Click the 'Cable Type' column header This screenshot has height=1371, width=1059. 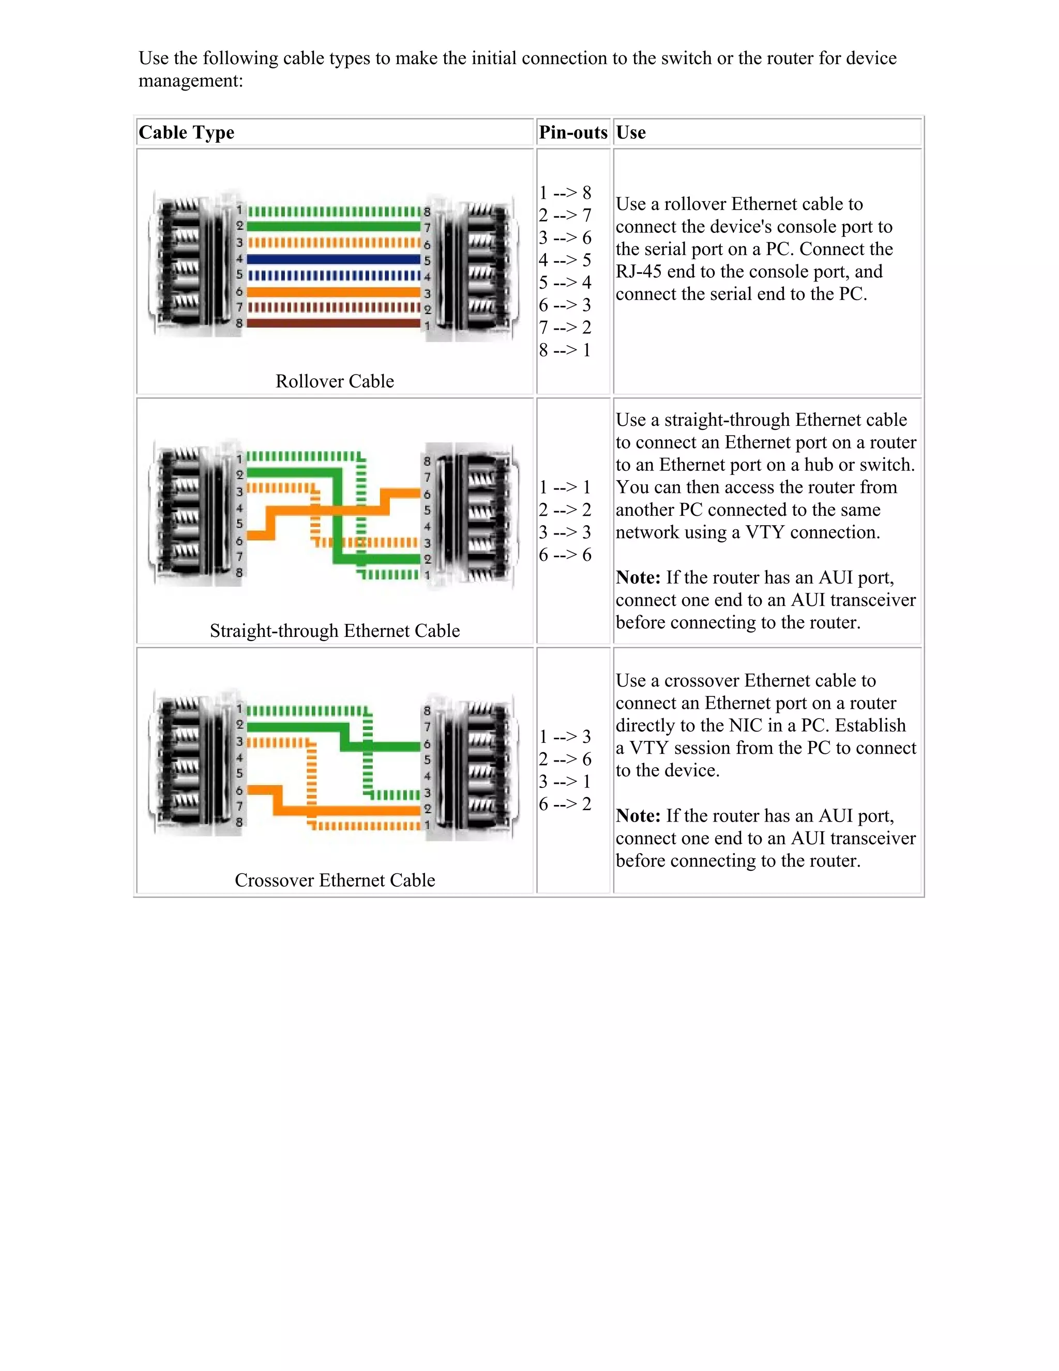tap(186, 132)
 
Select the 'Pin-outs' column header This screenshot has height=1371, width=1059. tap(573, 132)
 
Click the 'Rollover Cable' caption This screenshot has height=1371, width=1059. tap(335, 381)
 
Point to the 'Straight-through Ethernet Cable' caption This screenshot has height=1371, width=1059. tap(335, 630)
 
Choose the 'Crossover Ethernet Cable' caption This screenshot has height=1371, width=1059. tap(335, 880)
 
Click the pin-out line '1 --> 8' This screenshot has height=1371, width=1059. tap(565, 193)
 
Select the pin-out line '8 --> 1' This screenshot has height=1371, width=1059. tap(565, 350)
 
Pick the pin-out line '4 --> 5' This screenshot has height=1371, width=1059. tap(565, 260)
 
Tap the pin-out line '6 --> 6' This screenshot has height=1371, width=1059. tap(565, 555)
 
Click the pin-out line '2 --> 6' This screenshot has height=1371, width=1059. tap(565, 759)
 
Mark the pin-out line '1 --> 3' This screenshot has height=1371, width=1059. tap(565, 736)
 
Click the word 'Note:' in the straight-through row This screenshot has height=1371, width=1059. tap(638, 577)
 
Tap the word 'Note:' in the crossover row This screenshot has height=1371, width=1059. tap(638, 815)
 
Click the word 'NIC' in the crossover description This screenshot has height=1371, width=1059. tap(745, 726)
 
